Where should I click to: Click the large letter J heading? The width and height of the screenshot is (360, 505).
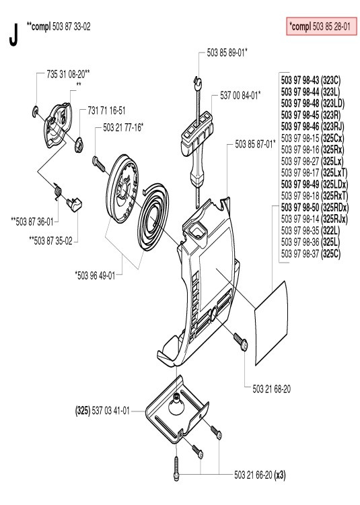pos(13,35)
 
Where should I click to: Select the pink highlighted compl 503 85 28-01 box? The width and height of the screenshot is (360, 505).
pos(322,26)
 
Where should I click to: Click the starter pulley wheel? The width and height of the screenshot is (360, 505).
pos(124,189)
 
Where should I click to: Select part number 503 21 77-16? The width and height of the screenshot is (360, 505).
pos(122,127)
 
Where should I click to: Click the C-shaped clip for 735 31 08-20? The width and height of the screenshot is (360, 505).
pos(36,110)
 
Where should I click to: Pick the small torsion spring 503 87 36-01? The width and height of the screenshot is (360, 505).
pos(58,191)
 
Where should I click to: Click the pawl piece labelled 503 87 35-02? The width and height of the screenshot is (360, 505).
pos(74,204)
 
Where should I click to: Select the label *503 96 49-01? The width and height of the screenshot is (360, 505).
pos(95,275)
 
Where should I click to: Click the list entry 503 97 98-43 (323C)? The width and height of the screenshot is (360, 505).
pos(310,80)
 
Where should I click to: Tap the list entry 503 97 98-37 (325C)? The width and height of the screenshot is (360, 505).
pos(310,254)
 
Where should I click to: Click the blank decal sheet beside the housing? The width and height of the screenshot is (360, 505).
pos(271,323)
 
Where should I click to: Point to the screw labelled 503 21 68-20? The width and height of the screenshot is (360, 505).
pos(242,342)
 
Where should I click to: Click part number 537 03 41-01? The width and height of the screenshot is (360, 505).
pos(110,411)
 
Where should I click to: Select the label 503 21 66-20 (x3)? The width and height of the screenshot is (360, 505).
pos(260,475)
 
